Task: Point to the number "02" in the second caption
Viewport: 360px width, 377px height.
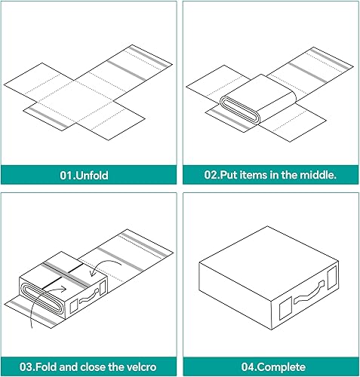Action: tap(212, 175)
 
